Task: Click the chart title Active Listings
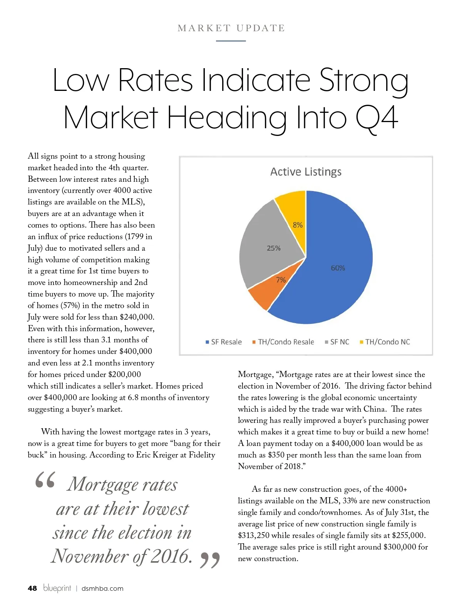(306, 172)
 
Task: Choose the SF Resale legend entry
(224, 342)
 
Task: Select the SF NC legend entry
(337, 342)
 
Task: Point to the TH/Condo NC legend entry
(385, 342)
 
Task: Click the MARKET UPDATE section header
(231, 28)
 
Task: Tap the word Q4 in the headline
(376, 118)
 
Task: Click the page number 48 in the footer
(32, 588)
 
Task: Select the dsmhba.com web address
(102, 588)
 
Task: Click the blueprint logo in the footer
(57, 588)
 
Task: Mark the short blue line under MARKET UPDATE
(231, 40)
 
